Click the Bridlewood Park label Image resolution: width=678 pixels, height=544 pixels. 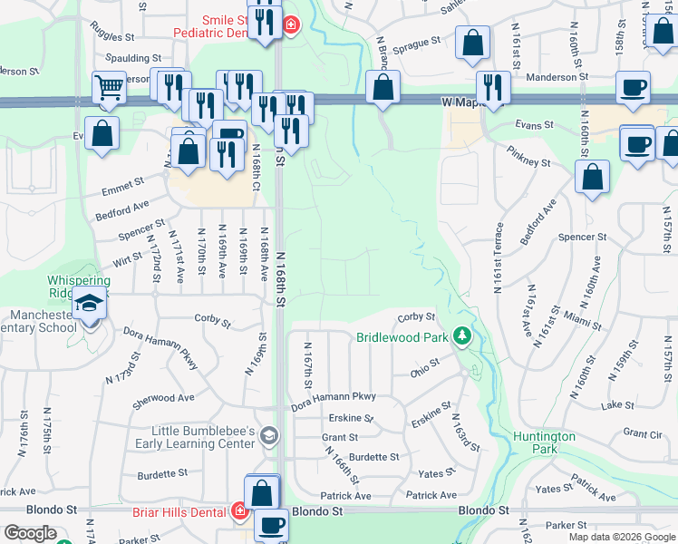point(402,336)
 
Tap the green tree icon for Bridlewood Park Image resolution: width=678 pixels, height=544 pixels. point(463,336)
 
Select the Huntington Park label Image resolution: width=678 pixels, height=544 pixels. point(544,442)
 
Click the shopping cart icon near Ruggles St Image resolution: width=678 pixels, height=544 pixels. point(109,88)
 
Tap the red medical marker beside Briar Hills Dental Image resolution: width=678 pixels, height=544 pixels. point(239,510)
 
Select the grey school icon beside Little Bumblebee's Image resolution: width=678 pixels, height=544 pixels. point(268,436)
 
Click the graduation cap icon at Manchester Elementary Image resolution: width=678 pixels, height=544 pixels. point(89,303)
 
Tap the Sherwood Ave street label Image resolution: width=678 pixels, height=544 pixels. point(163,398)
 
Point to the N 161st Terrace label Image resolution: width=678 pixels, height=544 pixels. point(498,258)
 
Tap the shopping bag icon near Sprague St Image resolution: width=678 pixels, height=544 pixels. point(472,43)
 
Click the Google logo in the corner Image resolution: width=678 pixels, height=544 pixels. point(32,533)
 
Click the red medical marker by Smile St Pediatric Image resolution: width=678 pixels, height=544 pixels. point(290,24)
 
